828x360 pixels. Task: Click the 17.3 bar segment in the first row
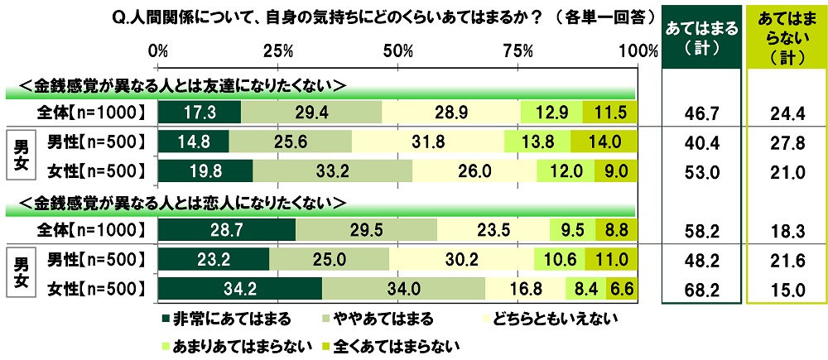[199, 112]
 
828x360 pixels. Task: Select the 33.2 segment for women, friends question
[333, 170]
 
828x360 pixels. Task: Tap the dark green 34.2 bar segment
[239, 289]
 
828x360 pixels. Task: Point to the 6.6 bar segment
[620, 289]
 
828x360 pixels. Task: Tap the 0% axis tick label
[158, 50]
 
